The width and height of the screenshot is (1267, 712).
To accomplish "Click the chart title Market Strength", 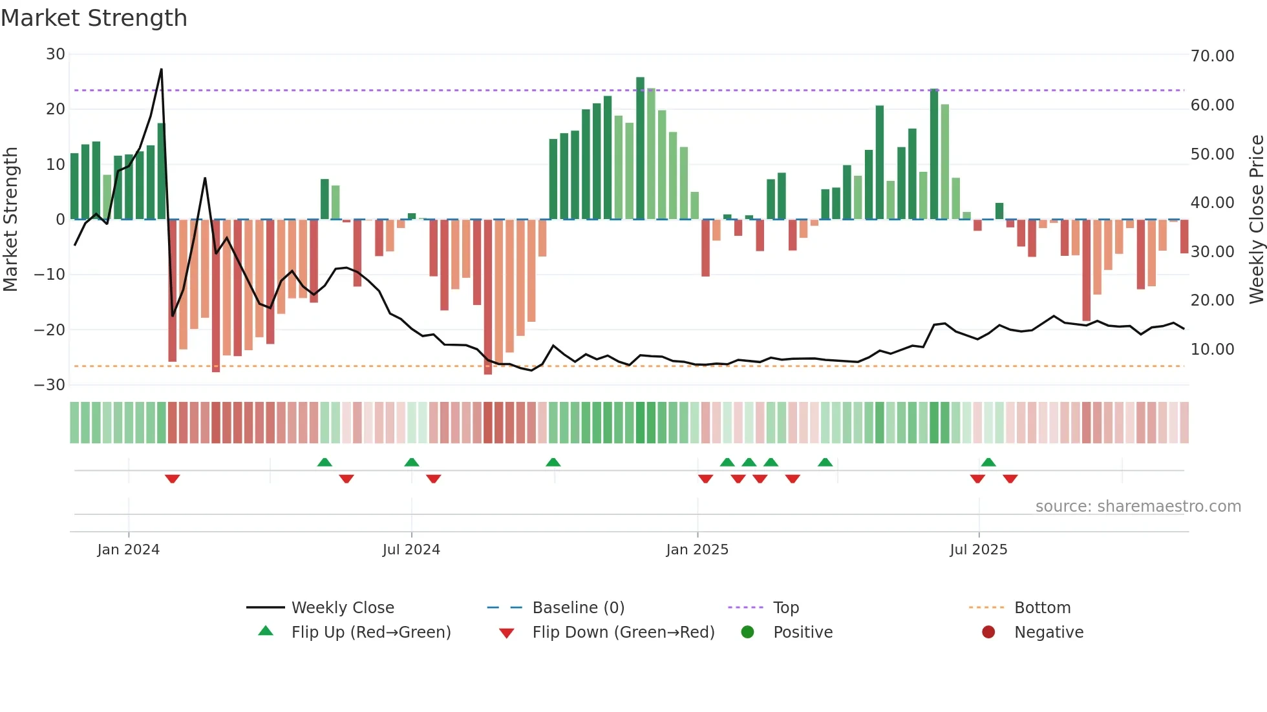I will tap(94, 18).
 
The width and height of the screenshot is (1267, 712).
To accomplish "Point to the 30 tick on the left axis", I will tap(56, 54).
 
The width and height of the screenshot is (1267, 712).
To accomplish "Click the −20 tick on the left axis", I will tap(50, 330).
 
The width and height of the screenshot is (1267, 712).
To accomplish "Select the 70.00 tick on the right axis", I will tap(1212, 56).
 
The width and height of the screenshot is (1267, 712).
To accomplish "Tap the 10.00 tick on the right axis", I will tap(1212, 350).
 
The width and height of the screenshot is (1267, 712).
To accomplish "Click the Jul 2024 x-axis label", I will tap(411, 550).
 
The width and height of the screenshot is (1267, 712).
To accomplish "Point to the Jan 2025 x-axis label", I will tap(697, 550).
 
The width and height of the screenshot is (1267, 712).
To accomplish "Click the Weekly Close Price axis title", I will tap(1256, 220).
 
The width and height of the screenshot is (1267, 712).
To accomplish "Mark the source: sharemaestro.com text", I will tap(1138, 507).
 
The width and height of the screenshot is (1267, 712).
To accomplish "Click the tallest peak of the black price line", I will tap(161, 69).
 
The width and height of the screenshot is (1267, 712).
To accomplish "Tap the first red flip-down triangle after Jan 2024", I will tap(172, 479).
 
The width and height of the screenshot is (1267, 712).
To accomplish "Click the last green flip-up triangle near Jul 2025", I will tap(988, 462).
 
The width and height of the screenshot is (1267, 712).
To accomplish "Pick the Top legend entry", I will tap(785, 607).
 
